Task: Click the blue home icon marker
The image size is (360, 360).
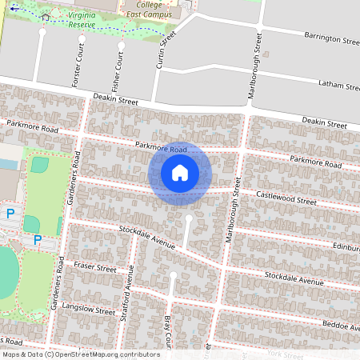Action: pyautogui.click(x=180, y=173)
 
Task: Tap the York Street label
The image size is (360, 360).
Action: pyautogui.click(x=287, y=353)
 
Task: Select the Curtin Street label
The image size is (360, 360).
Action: pyautogui.click(x=166, y=50)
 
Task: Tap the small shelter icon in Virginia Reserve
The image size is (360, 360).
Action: pyautogui.click(x=45, y=16)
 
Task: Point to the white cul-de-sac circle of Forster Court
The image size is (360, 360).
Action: pyautogui.click(x=42, y=34)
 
